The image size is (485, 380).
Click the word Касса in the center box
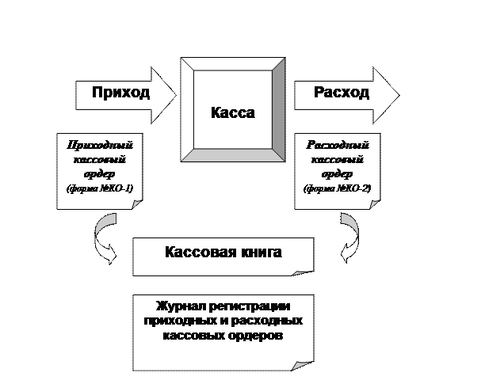coord(232,112)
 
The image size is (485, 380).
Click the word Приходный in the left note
coord(101,145)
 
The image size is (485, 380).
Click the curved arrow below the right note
coord(349,240)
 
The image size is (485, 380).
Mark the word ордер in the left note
coord(101,173)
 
